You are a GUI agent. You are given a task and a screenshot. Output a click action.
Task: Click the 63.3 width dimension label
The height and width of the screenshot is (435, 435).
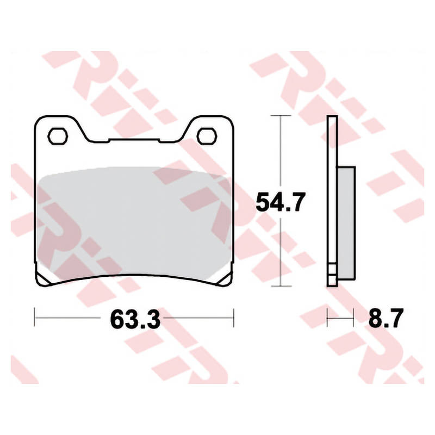(x=135, y=319)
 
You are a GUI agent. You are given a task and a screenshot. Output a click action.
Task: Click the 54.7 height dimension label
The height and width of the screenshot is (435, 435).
(x=281, y=202)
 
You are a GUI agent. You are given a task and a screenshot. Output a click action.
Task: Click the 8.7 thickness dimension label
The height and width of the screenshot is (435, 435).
(x=386, y=319)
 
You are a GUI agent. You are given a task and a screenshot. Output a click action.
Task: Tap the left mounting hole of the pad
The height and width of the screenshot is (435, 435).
(x=58, y=136)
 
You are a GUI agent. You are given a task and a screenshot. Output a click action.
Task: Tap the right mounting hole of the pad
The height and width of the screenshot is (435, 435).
(x=207, y=136)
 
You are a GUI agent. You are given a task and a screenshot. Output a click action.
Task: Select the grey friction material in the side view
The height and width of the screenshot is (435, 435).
(x=346, y=223)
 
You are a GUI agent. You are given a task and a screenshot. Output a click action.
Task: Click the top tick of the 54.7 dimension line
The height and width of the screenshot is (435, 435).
(x=281, y=115)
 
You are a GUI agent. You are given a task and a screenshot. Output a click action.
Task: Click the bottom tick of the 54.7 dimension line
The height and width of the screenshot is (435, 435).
(x=281, y=286)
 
